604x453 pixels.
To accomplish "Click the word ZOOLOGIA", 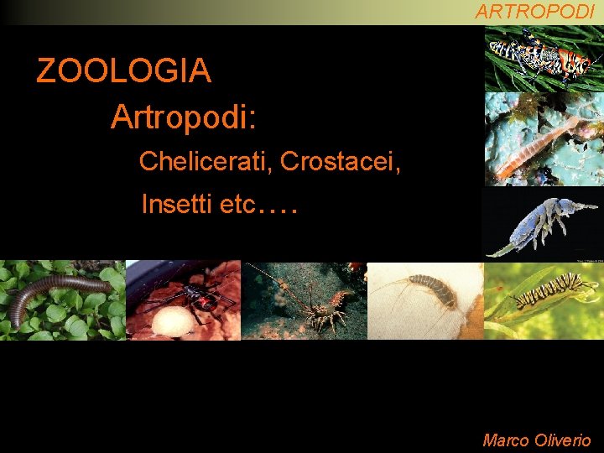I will (123, 71).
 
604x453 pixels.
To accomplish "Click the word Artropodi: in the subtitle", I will (183, 117).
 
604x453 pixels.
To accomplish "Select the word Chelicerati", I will (206, 161).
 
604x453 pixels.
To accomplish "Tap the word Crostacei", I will (341, 161).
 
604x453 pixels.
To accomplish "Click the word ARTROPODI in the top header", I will (534, 12).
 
